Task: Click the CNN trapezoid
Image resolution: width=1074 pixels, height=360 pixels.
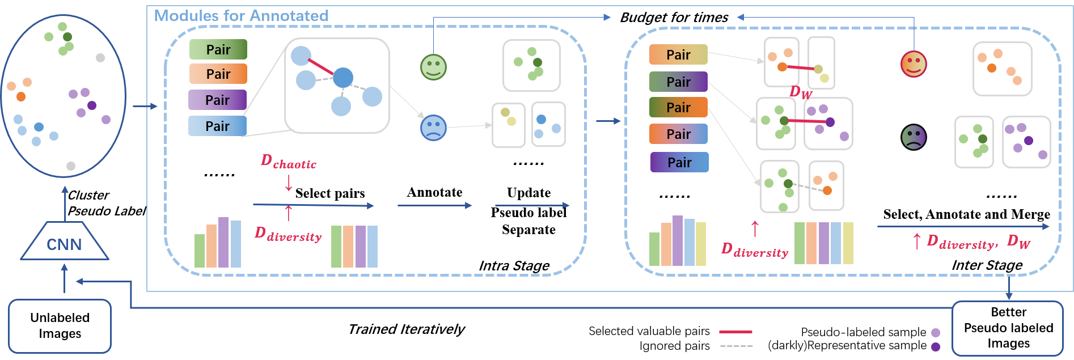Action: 64,243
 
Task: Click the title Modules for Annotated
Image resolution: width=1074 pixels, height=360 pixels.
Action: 241,16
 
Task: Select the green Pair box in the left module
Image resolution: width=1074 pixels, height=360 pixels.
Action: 218,49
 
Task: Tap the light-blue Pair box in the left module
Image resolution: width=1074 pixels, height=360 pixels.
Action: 217,126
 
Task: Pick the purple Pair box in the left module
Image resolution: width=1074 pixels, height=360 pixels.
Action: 217,100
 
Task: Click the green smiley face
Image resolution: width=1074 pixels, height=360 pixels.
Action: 433,67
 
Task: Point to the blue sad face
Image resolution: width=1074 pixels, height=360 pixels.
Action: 433,128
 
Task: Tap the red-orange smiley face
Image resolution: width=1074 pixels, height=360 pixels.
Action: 914,64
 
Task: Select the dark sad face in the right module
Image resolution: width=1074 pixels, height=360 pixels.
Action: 913,137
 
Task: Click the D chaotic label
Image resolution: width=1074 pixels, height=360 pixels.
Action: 288,162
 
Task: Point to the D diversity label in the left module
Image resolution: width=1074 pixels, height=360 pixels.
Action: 288,234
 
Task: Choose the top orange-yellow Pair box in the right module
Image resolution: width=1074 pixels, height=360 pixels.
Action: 678,54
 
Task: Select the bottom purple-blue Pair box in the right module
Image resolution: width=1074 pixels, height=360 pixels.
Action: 679,162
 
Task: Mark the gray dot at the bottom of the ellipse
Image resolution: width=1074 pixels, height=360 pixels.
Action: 71,166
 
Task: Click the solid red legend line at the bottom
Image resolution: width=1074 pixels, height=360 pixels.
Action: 735,332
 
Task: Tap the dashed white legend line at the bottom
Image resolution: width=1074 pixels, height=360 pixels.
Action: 735,345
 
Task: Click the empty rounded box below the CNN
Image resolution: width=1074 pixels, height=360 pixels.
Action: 60,326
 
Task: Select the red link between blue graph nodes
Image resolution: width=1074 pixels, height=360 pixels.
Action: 321,67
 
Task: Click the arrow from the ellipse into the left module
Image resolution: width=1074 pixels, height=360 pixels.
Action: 145,106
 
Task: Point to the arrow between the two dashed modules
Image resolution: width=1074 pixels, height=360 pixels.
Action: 608,121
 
